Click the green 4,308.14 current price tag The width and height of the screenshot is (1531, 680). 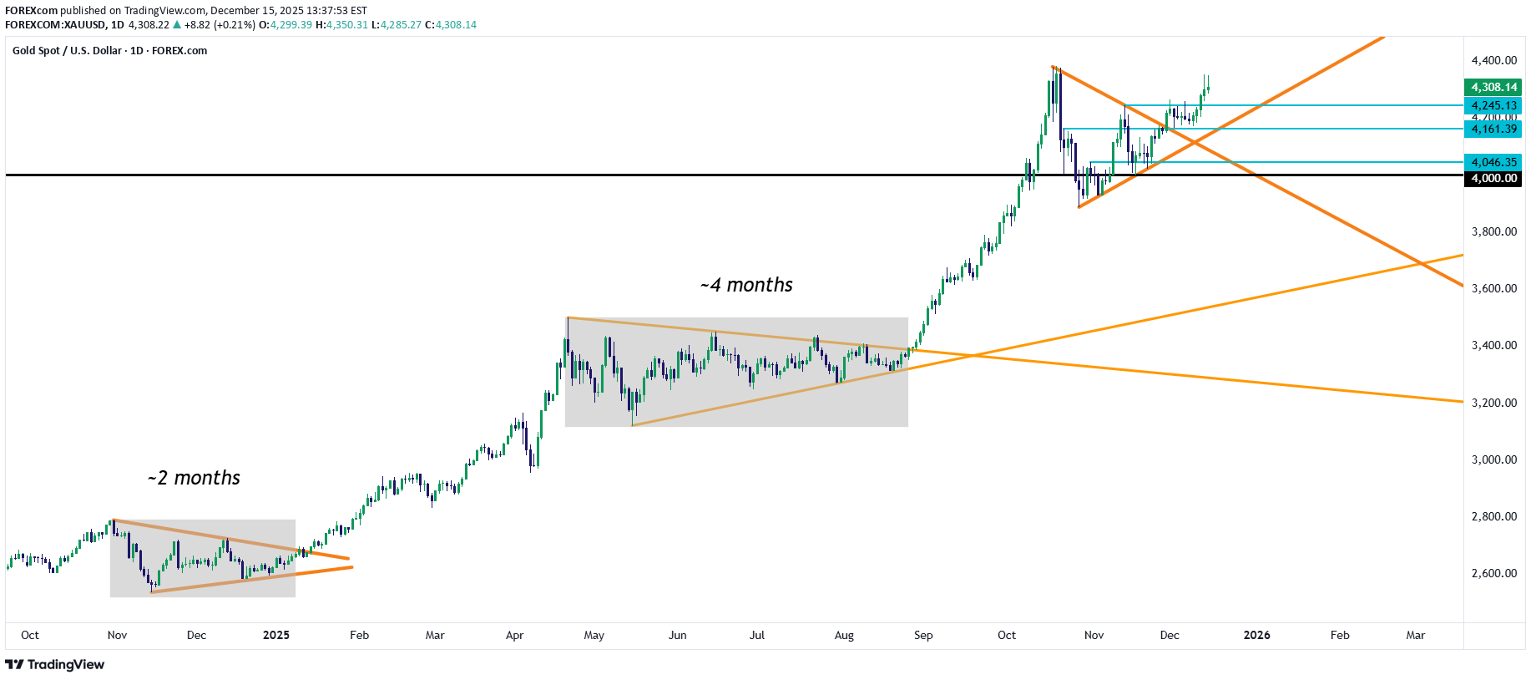point(1493,87)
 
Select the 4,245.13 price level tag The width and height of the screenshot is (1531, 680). point(1493,105)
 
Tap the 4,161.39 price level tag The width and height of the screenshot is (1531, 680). point(1493,129)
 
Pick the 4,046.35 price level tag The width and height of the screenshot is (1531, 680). point(1493,162)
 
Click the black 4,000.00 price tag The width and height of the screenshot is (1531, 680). point(1493,178)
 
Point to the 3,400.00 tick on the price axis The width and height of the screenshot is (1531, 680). point(1493,345)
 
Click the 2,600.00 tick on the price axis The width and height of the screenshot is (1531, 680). point(1493,573)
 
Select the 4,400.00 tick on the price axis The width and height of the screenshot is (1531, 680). point(1493,60)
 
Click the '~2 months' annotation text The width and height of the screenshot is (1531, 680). point(194,478)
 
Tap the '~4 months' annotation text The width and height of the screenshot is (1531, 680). point(746,285)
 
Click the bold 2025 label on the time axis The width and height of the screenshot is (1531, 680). point(275,635)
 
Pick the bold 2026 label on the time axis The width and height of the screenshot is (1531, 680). point(1256,635)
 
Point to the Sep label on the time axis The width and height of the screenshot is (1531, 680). point(923,635)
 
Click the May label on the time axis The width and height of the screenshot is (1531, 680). point(594,635)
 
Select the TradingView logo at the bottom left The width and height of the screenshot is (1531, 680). point(55,664)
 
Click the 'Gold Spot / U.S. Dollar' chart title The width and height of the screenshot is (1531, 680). point(67,50)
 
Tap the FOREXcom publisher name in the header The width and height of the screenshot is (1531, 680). point(31,10)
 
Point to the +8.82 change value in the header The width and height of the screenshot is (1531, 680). point(197,24)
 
